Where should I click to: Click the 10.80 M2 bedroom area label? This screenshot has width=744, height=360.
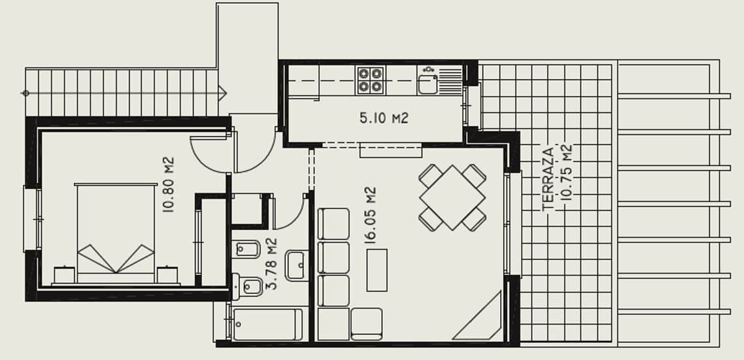tap(168, 184)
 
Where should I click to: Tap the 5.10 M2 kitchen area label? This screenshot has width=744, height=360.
tap(384, 118)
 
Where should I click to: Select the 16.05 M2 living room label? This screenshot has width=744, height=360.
tap(371, 215)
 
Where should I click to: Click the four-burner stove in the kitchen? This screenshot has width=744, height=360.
tap(369, 79)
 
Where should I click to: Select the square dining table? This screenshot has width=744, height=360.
tap(452, 197)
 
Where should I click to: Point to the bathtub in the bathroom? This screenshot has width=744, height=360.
tap(265, 324)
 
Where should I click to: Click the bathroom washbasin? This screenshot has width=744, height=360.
tap(298, 265)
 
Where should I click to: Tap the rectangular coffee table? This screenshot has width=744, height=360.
tap(377, 270)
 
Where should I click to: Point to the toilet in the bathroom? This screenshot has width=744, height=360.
tap(249, 286)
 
